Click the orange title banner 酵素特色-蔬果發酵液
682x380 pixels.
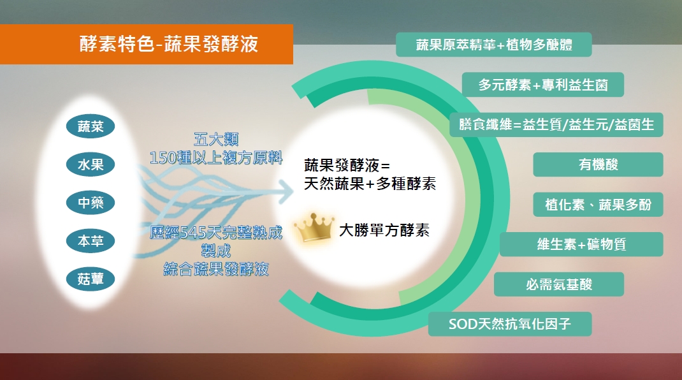click(146, 44)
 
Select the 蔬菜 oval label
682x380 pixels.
click(91, 126)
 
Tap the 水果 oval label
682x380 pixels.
click(91, 164)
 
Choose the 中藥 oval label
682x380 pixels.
click(91, 202)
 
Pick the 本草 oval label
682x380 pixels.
click(91, 241)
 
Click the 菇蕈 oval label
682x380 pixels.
click(91, 279)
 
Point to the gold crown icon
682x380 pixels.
click(314, 227)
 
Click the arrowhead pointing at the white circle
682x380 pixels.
click(287, 191)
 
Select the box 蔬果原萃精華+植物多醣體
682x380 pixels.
click(494, 45)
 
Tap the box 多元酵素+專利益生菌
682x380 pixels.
click(543, 84)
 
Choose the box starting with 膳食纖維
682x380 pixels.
click(556, 124)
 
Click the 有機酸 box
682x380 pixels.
click(598, 164)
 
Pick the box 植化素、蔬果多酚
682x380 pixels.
click(598, 204)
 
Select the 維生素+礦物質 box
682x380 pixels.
click(581, 244)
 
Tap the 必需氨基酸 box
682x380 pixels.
click(559, 284)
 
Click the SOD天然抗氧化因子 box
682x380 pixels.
click(510, 324)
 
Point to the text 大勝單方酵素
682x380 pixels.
click(384, 230)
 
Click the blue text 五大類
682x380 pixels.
click(216, 139)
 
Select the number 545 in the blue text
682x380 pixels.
click(192, 233)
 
